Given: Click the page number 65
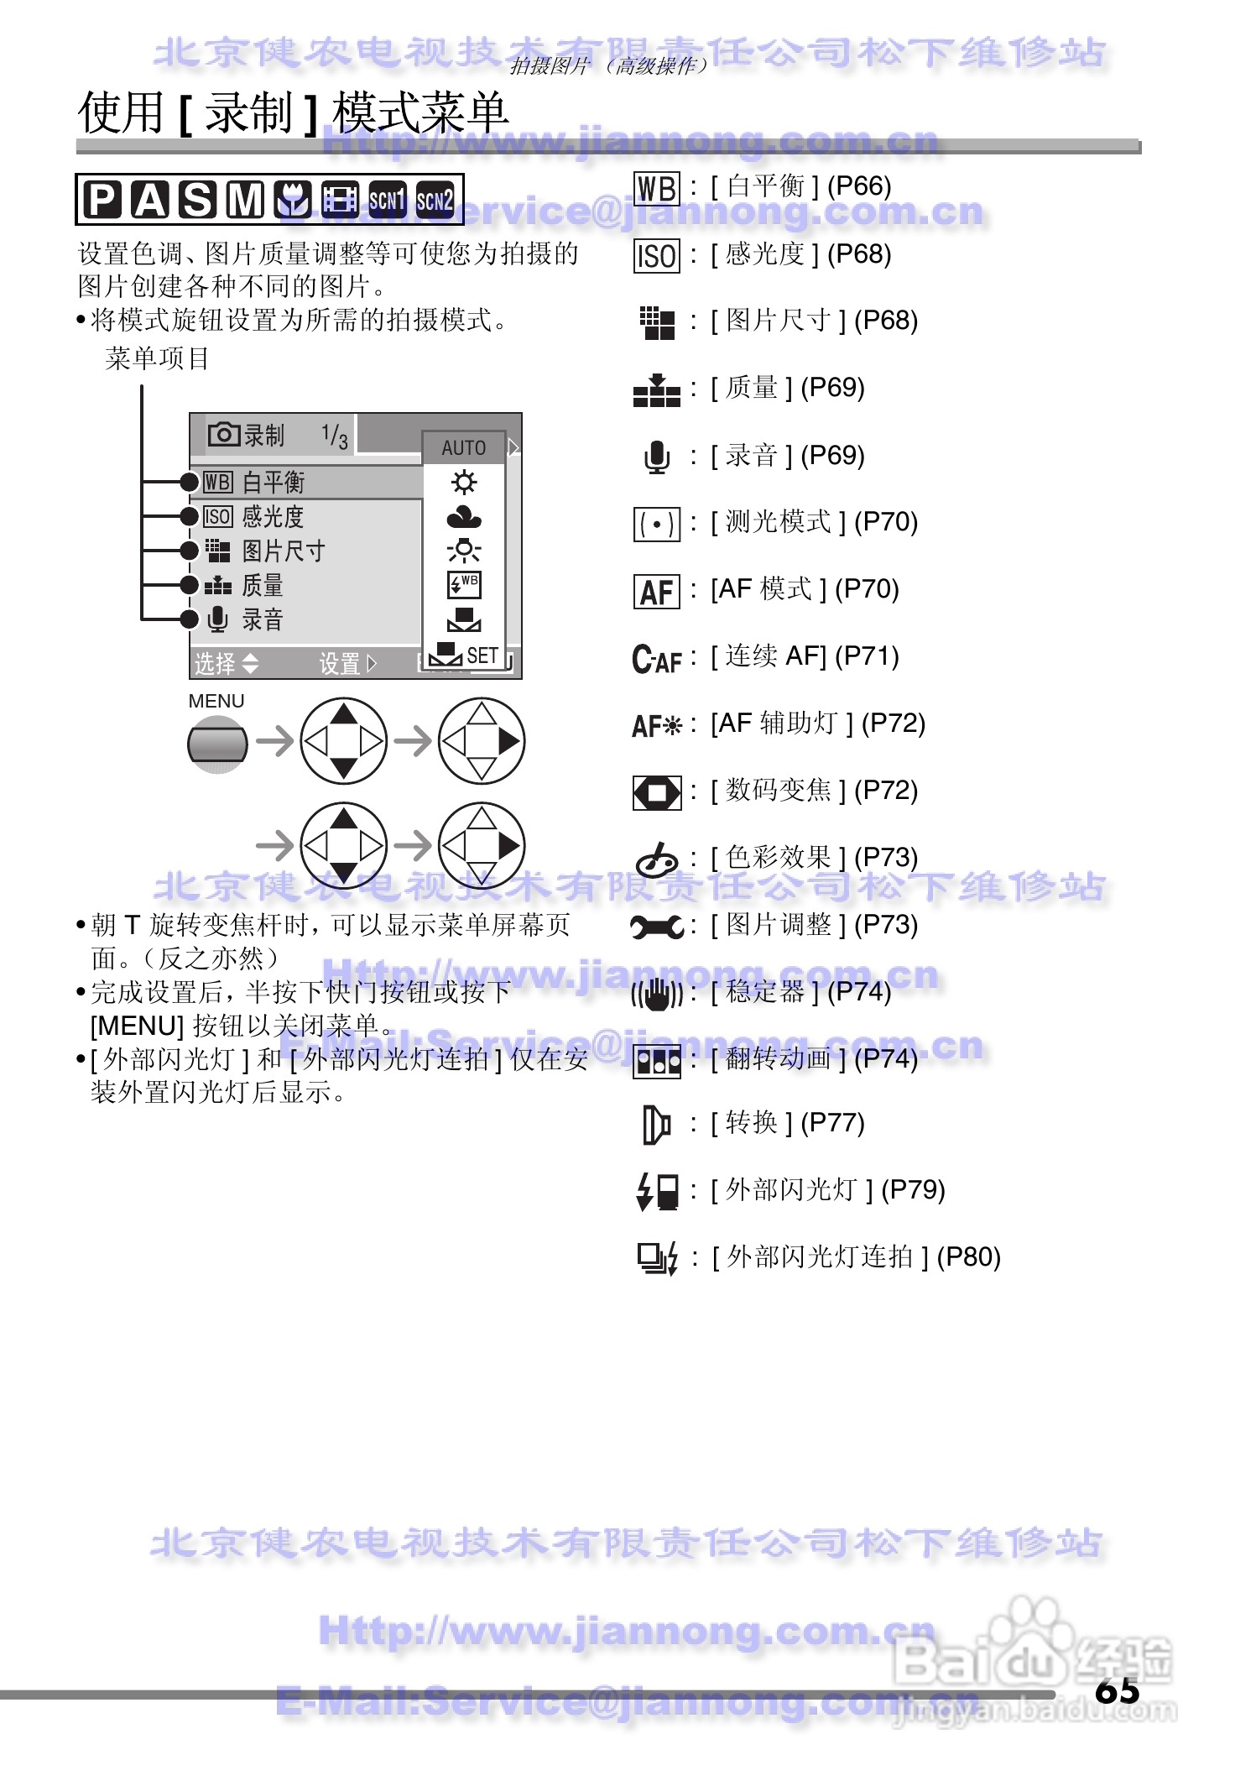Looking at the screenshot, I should (1117, 1689).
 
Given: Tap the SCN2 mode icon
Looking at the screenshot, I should (435, 200).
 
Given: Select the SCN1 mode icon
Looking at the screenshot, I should (388, 200).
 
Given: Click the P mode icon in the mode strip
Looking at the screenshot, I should (102, 200).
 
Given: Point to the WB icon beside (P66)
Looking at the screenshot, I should (656, 188).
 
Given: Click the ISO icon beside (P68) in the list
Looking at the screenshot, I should (656, 255).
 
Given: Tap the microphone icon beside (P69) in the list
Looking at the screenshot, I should (657, 457).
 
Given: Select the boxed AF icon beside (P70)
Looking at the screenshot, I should (656, 591).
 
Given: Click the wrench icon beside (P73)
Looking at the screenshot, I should (656, 927).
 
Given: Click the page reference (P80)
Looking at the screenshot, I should (968, 1256).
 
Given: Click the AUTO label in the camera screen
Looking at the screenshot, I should (464, 447).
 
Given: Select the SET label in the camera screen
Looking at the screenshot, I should (482, 655).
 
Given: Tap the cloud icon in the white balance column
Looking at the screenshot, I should (464, 517).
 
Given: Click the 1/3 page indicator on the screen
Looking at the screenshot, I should (335, 435).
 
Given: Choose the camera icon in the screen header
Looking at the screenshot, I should (223, 434).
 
